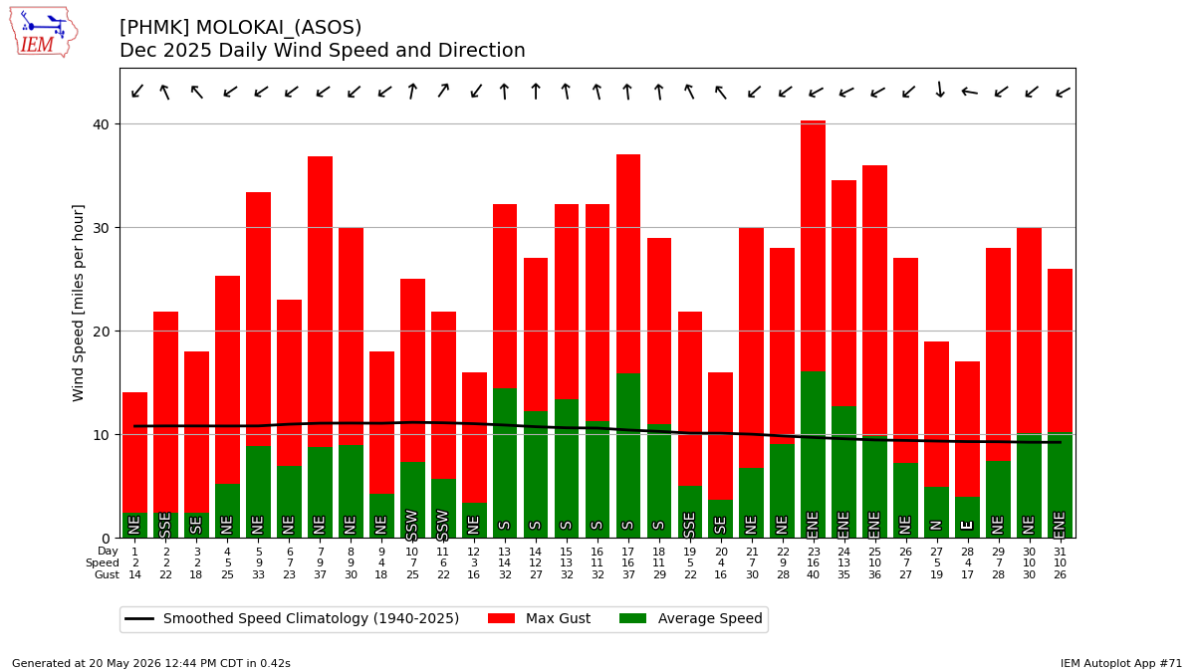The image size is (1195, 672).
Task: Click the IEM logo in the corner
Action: point(44,33)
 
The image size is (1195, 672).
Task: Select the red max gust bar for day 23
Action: point(813,246)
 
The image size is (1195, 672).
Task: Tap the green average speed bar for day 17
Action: point(628,456)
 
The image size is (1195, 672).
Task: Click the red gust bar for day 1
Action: point(135,453)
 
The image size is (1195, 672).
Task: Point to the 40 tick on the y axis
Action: point(101,124)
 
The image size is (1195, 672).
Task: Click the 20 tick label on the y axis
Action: point(101,332)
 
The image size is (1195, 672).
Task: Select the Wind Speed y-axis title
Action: point(78,303)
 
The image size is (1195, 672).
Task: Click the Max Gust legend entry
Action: point(539,618)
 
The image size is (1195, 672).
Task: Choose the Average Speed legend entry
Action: point(691,618)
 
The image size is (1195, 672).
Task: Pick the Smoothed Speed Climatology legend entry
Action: point(292,618)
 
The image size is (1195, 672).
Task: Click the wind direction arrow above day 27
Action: point(940,90)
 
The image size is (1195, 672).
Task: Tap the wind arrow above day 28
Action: point(970,93)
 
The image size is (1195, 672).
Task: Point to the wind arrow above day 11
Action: point(443,91)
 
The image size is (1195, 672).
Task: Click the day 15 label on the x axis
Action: point(566,552)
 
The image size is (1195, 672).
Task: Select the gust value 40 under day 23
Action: point(813,575)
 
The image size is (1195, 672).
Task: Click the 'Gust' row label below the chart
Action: point(107,575)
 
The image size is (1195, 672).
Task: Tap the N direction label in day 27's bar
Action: point(936,526)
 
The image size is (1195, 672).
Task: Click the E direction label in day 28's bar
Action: point(967,526)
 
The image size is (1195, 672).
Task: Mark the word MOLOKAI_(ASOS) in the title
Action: point(279,27)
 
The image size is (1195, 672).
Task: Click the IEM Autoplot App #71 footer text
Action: point(1121,663)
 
